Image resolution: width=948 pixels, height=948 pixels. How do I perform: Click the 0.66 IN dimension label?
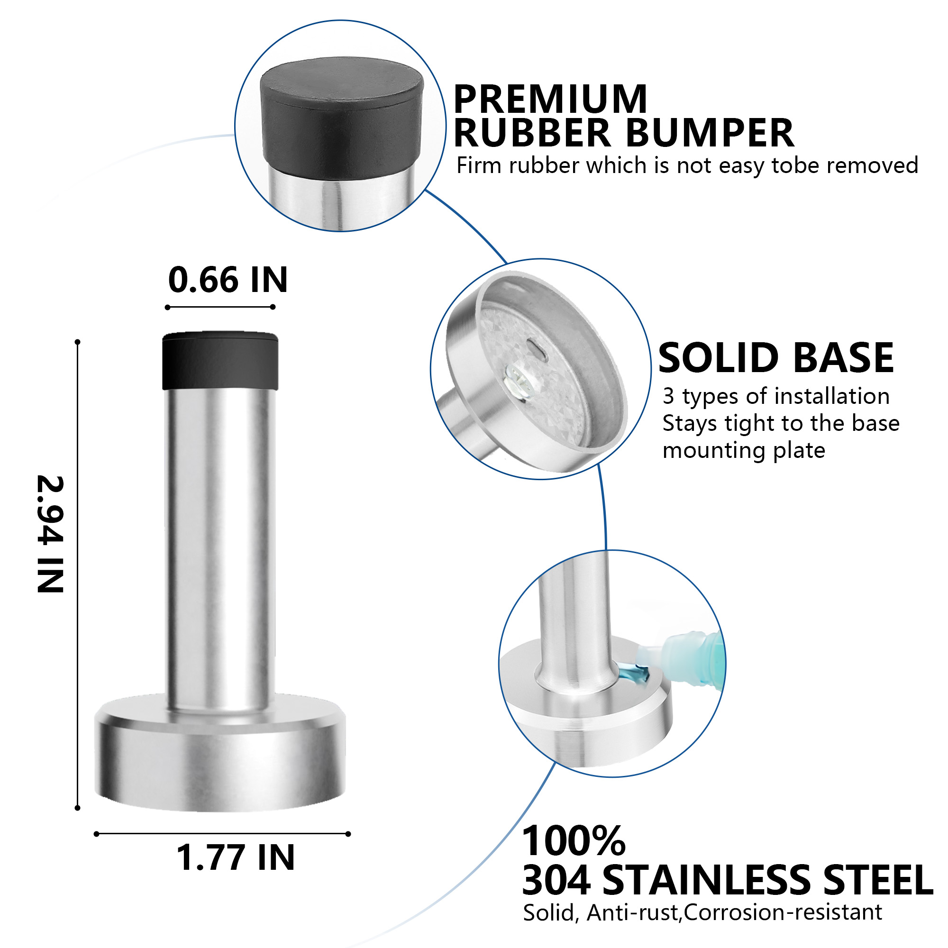(228, 280)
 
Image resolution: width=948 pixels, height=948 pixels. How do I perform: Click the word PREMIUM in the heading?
(550, 99)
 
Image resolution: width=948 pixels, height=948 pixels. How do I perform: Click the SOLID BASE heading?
(776, 358)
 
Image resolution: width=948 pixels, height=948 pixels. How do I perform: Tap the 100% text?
(573, 841)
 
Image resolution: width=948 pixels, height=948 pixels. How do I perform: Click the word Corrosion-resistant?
(783, 912)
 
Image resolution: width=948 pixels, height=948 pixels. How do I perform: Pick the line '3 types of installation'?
(776, 396)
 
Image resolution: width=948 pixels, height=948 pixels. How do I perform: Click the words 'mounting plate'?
(743, 450)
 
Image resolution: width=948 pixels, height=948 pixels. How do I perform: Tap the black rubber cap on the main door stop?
(220, 362)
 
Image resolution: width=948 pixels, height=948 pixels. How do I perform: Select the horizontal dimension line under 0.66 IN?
(220, 307)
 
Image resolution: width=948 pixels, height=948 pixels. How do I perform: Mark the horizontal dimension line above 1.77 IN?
(222, 834)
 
